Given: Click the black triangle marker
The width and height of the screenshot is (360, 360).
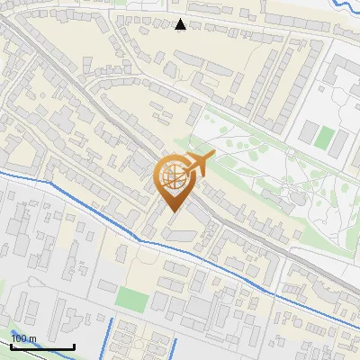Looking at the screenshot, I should click(x=181, y=24).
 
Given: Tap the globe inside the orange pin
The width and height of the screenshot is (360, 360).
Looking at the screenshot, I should click(x=175, y=178).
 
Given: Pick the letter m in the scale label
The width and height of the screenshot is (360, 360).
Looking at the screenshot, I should click(x=32, y=338).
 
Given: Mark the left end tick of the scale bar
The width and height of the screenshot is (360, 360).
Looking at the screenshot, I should click(x=12, y=345).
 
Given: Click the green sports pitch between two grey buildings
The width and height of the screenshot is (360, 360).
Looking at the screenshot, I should click(x=325, y=138).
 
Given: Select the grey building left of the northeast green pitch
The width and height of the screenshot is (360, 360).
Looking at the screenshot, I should click(x=308, y=134).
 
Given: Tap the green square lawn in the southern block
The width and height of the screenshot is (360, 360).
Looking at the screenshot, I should click(x=132, y=298).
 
